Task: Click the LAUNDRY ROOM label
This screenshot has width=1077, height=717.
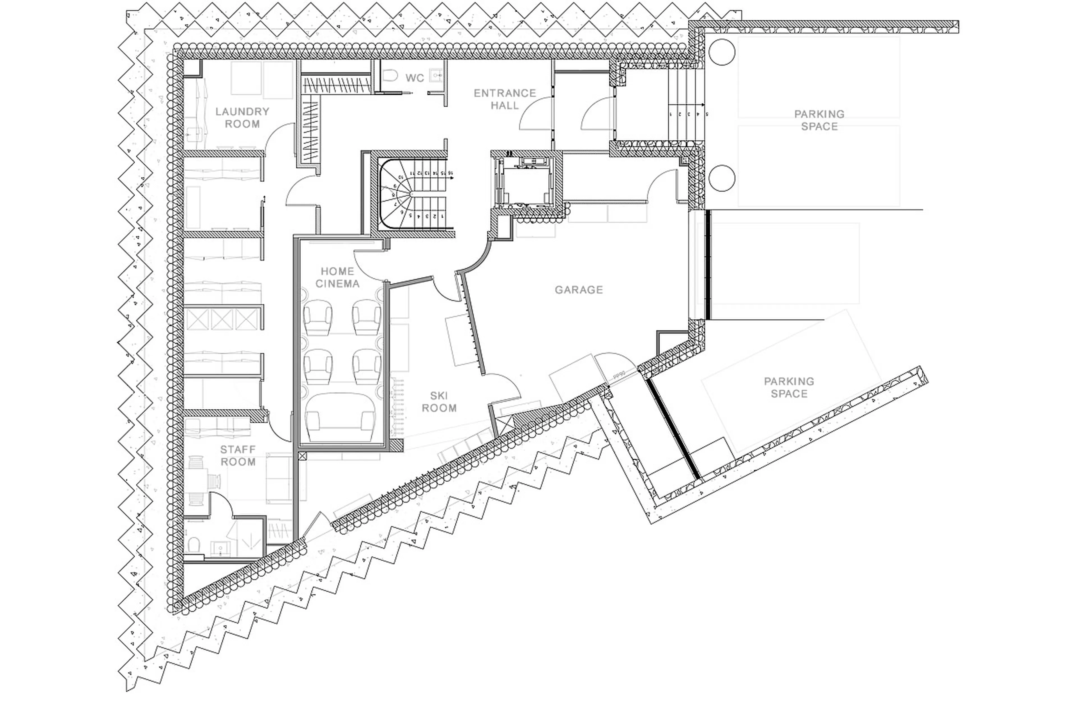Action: [242, 117]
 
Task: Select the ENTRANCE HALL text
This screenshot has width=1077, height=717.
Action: [504, 99]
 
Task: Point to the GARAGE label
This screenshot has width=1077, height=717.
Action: [579, 289]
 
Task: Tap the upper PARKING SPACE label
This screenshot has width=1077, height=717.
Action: [819, 120]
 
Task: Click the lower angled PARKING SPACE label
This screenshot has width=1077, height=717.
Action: [789, 387]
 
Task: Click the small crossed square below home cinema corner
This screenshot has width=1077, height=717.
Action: [301, 455]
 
